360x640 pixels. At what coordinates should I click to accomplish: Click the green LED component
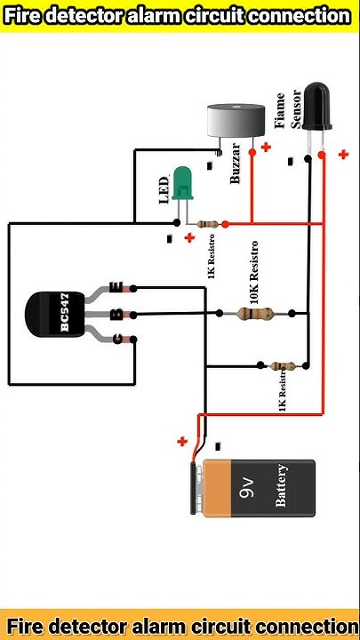pyautogui.click(x=183, y=182)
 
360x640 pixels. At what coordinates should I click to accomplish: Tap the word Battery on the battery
pyautogui.click(x=281, y=486)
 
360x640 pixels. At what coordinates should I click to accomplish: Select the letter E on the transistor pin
pyautogui.click(x=116, y=286)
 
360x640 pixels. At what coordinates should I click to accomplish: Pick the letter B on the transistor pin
pyautogui.click(x=116, y=313)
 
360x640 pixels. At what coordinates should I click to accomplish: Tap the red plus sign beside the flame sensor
pyautogui.click(x=343, y=154)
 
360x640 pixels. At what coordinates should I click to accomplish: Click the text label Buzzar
pyautogui.click(x=236, y=163)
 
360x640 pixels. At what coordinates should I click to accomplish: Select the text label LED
pyautogui.click(x=164, y=189)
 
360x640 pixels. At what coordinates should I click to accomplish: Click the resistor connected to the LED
pyautogui.click(x=210, y=224)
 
